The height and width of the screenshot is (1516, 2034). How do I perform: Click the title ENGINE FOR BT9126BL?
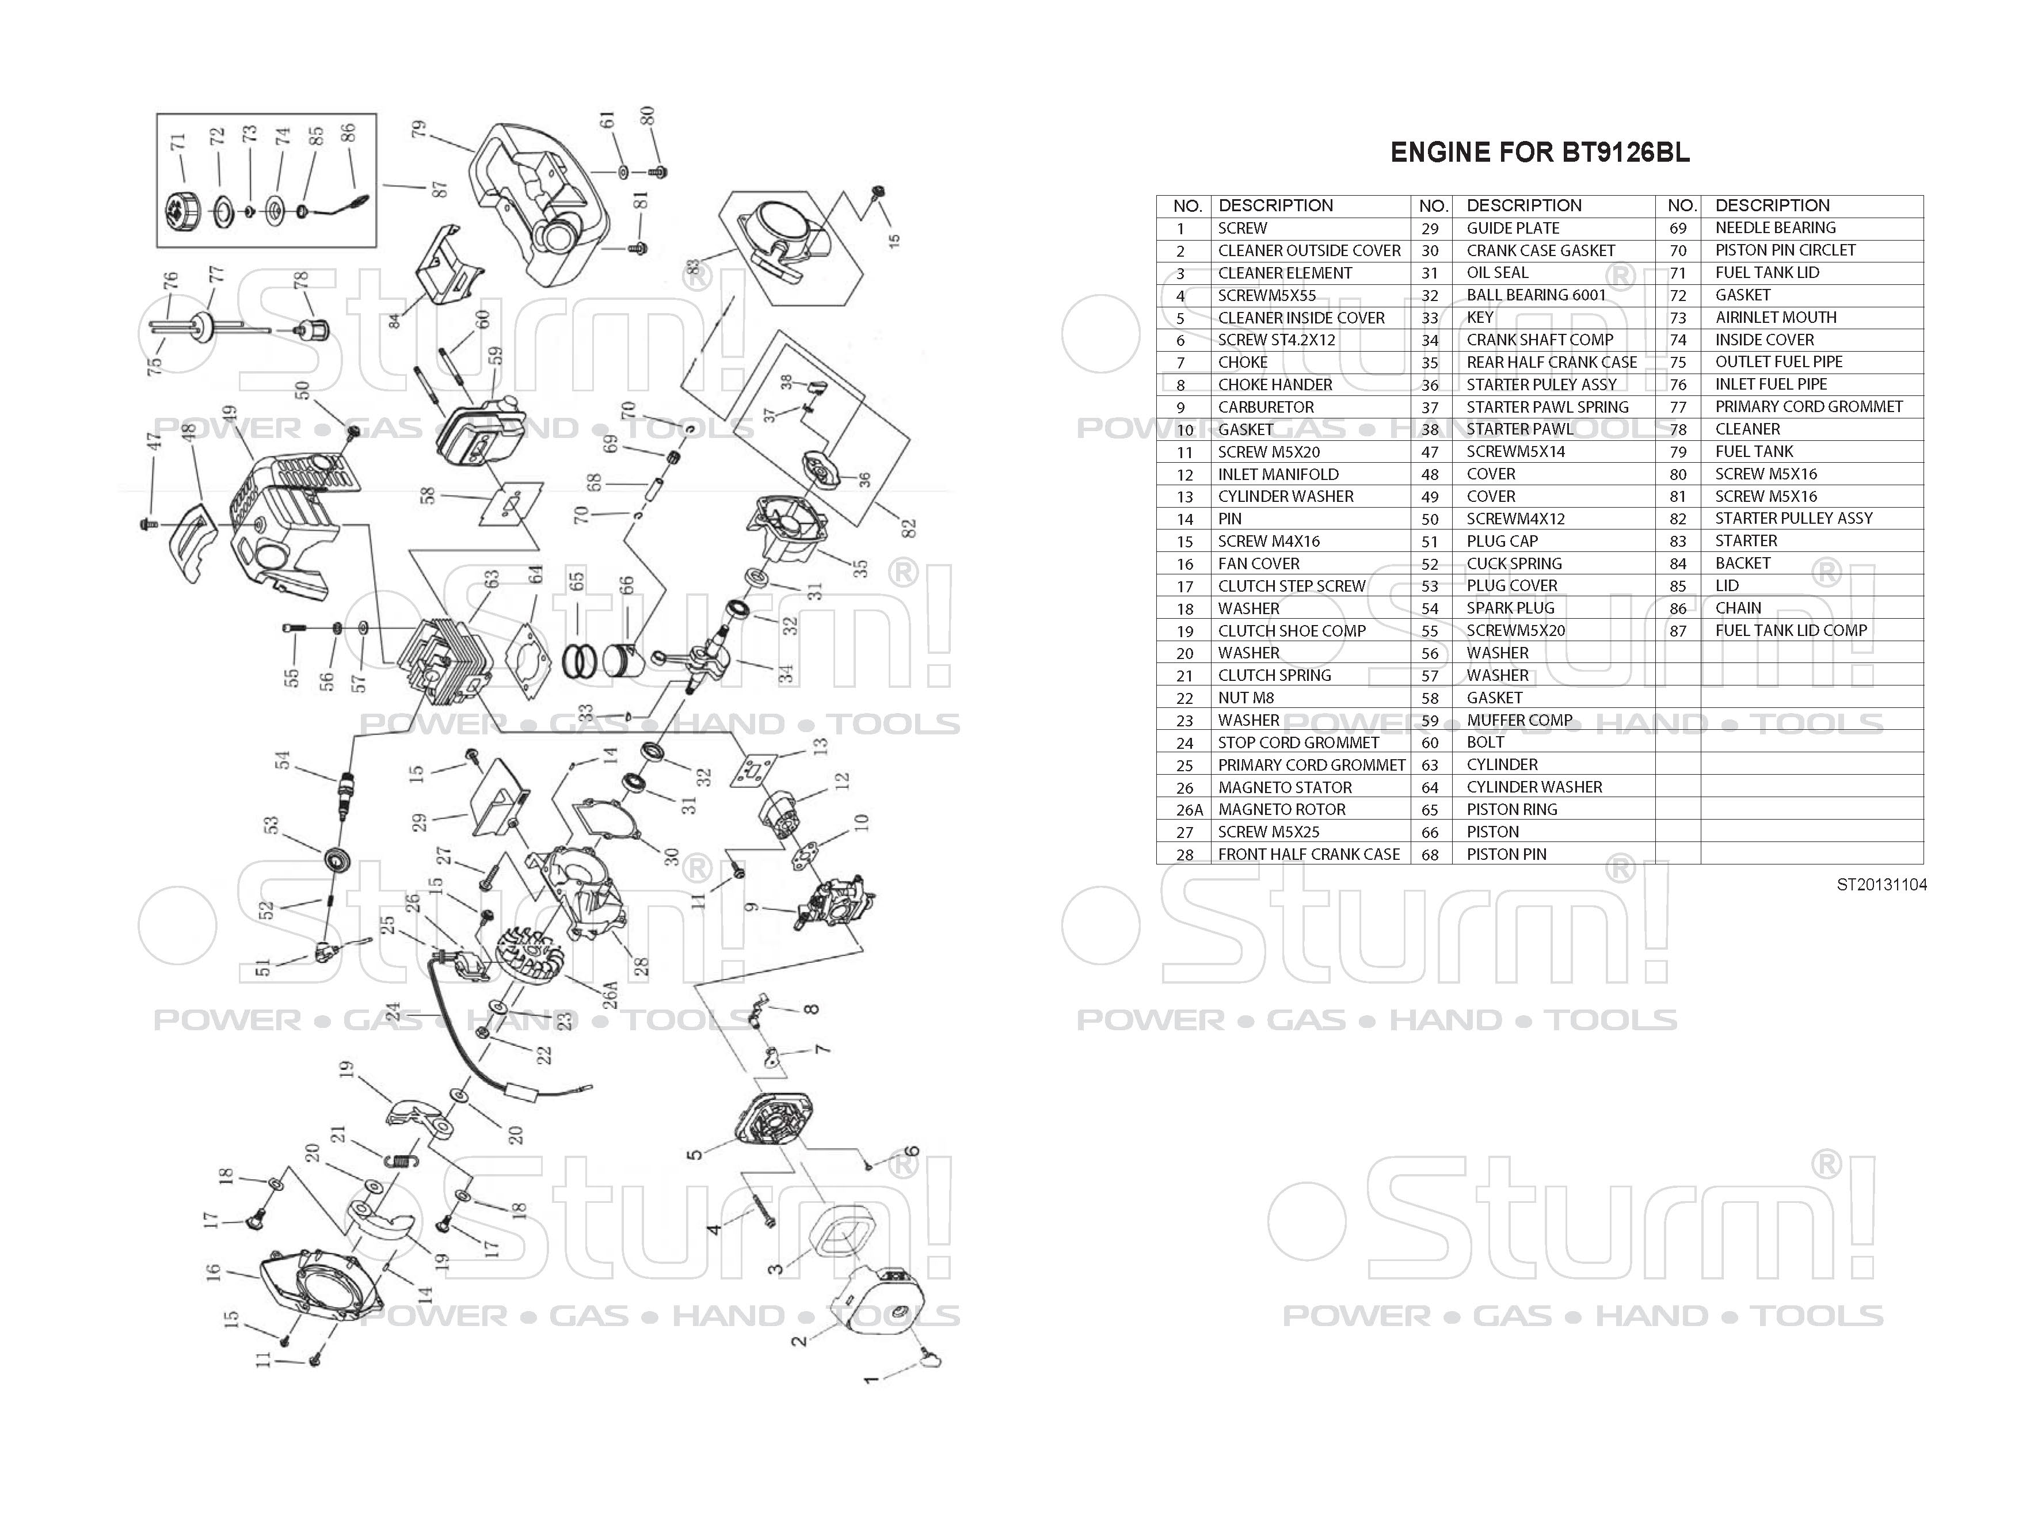click(x=1540, y=153)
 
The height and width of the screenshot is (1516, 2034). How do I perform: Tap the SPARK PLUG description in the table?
click(x=1510, y=608)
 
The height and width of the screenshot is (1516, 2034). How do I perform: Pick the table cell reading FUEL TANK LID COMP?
click(x=1791, y=630)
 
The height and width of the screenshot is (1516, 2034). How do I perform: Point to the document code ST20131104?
click(x=1881, y=885)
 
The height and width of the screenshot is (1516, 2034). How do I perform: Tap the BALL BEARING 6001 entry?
click(x=1536, y=295)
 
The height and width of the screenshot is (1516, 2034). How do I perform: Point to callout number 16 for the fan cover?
click(x=214, y=1272)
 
